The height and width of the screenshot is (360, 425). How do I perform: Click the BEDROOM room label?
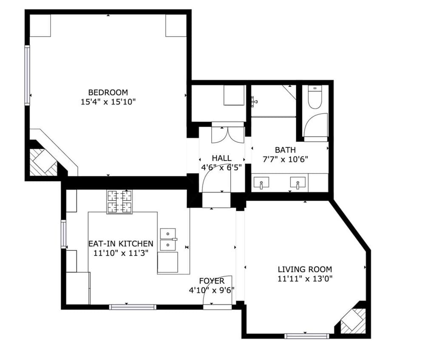[108, 92]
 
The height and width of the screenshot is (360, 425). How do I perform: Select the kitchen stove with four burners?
[119, 201]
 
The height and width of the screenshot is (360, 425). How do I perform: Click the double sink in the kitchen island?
[168, 239]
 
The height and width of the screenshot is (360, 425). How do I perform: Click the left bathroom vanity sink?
[261, 183]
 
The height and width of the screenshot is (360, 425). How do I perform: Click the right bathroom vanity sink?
[297, 183]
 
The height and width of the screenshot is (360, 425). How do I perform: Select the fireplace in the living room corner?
[352, 321]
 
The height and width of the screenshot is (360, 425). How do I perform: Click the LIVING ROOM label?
[305, 269]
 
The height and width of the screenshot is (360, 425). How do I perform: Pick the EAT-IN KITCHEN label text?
[121, 244]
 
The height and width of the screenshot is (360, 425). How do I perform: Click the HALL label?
[221, 158]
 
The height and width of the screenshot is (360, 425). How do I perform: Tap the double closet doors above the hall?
[228, 134]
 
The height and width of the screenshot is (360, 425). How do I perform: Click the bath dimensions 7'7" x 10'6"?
[285, 159]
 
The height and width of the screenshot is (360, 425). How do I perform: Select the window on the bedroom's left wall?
[27, 76]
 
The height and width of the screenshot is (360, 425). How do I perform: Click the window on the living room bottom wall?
[307, 336]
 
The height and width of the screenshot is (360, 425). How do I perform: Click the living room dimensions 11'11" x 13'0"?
[305, 279]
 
